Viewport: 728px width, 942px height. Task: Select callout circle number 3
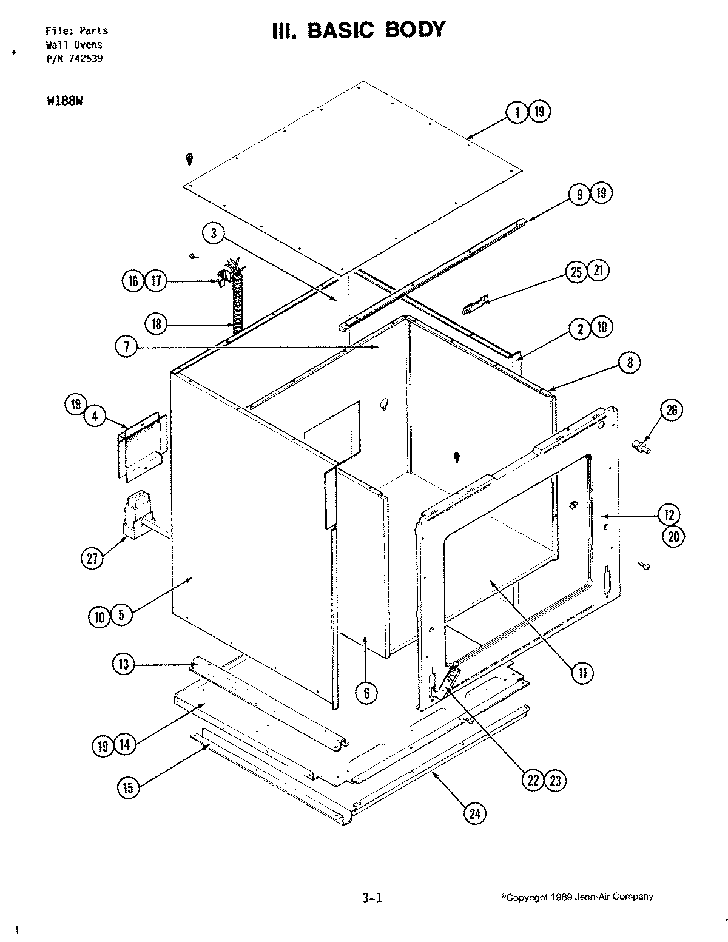pos(214,234)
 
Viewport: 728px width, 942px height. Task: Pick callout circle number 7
pos(126,347)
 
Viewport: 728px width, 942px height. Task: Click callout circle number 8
pos(629,363)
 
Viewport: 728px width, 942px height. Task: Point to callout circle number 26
pos(672,411)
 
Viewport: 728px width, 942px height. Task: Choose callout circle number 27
pos(92,559)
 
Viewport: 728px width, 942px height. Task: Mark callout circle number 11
pos(582,672)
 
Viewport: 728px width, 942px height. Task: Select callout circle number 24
pos(475,814)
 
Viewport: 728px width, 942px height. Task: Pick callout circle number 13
pos(123,665)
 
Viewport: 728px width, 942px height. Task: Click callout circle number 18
pos(156,324)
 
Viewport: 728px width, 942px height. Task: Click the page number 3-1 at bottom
pos(371,898)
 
